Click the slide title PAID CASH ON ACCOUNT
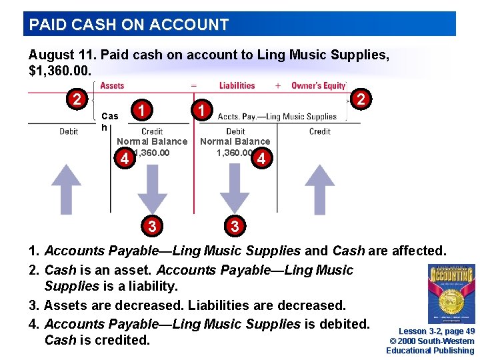[x=129, y=25]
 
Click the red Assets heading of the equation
[x=112, y=86]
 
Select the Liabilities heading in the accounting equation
[x=237, y=86]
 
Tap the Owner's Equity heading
[x=319, y=86]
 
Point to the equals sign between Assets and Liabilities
[x=193, y=86]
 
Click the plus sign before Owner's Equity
[x=277, y=86]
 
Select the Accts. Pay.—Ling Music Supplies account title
[x=277, y=117]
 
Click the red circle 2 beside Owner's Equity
[x=361, y=99]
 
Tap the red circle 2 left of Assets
[x=77, y=100]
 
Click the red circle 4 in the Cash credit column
[x=123, y=159]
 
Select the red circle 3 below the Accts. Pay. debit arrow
[x=234, y=226]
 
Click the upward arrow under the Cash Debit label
[x=67, y=189]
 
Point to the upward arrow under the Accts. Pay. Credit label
[x=319, y=189]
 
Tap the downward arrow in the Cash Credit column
[x=153, y=189]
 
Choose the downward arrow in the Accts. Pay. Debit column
[x=235, y=189]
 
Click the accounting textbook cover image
[x=451, y=294]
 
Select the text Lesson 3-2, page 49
[x=437, y=331]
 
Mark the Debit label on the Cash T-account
[x=69, y=131]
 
